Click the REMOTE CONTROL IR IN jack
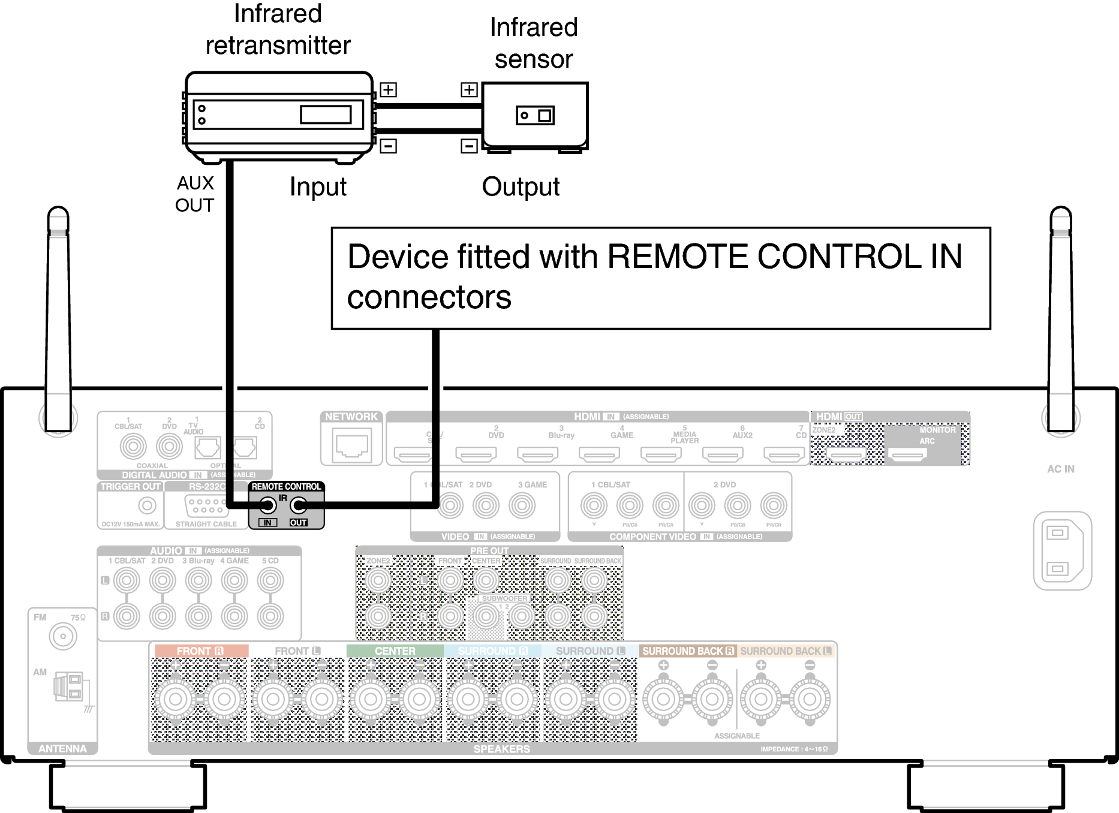point(267,505)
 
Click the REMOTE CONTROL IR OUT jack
point(298,505)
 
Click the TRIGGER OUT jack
point(147,505)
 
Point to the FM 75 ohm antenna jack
point(63,637)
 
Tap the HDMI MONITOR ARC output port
point(908,456)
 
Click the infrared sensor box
point(535,115)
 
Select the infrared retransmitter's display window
point(326,114)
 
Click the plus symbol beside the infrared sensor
point(469,90)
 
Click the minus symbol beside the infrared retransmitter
point(388,146)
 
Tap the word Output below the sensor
point(521,187)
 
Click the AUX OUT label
point(195,194)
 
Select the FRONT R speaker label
point(200,651)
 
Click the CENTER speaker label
point(395,651)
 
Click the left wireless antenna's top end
point(58,216)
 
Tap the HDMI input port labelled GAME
point(599,455)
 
